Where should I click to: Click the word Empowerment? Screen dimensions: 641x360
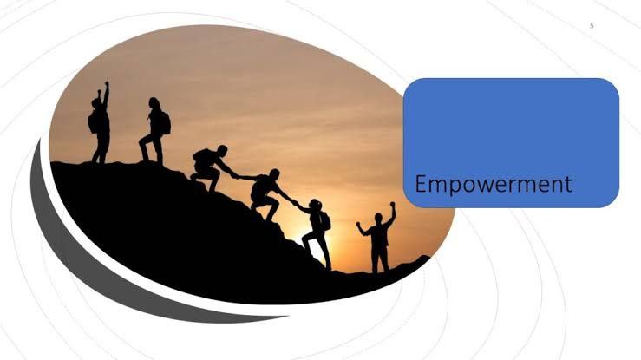tap(493, 185)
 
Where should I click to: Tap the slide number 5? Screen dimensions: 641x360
tap(592, 26)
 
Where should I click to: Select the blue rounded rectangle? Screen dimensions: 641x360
tap(511, 142)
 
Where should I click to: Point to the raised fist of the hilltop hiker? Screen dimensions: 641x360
tap(107, 83)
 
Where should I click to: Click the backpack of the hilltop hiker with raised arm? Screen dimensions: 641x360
tap(92, 122)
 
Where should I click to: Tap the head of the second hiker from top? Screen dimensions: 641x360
tap(154, 102)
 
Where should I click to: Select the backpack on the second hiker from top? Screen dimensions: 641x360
tap(165, 123)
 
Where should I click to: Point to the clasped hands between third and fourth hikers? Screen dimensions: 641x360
tap(238, 177)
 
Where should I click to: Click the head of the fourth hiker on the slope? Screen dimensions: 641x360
tap(274, 174)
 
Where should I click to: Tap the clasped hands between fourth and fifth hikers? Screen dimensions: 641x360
tap(295, 202)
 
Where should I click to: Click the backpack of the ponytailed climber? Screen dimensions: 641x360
tap(325, 221)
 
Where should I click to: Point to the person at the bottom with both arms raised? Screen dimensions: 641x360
tap(377, 237)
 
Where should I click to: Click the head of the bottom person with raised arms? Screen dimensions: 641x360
tap(378, 218)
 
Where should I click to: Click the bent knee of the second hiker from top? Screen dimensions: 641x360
tap(142, 143)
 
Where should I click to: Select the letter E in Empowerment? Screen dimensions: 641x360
tap(421, 184)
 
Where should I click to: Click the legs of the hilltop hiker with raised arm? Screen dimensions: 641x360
tap(101, 149)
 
